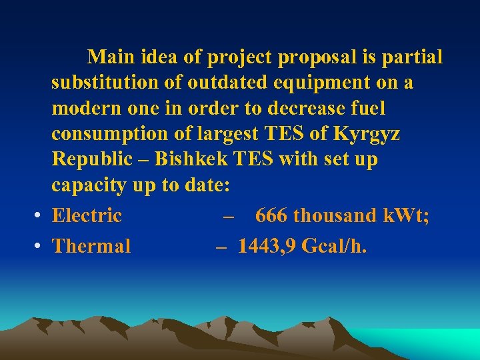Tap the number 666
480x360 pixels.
[271, 215]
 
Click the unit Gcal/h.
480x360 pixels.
[334, 246]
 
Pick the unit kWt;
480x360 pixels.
[406, 215]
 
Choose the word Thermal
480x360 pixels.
[91, 246]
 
